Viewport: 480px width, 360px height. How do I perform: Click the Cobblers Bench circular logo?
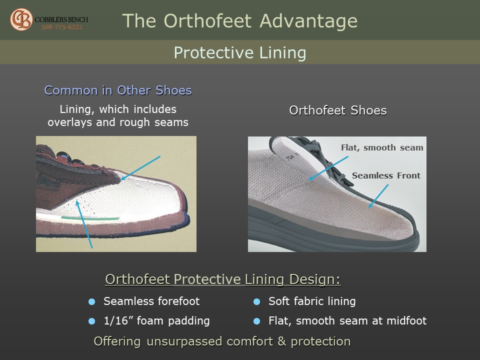pyautogui.click(x=21, y=19)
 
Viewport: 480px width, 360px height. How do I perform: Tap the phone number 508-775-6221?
pyautogui.click(x=62, y=27)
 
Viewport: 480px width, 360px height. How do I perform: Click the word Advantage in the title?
pyautogui.click(x=308, y=21)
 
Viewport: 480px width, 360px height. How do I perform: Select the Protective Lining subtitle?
pyautogui.click(x=240, y=52)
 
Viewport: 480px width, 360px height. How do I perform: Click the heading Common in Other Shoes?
pyautogui.click(x=118, y=90)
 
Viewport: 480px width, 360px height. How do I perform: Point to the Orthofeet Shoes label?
pyautogui.click(x=338, y=110)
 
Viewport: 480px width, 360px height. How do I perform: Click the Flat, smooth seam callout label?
pyautogui.click(x=382, y=147)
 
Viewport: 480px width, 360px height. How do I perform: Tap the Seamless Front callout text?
pyautogui.click(x=386, y=175)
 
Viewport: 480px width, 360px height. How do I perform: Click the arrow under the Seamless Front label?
pyautogui.click(x=378, y=196)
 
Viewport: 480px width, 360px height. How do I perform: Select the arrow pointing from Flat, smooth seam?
pyautogui.click(x=328, y=168)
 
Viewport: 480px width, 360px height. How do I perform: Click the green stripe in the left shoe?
pyautogui.click(x=89, y=218)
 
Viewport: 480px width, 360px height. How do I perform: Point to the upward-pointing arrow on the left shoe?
pyautogui.click(x=84, y=224)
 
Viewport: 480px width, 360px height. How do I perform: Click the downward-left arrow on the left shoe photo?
pyautogui.click(x=140, y=168)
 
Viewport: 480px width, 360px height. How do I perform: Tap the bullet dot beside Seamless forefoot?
pyautogui.click(x=91, y=302)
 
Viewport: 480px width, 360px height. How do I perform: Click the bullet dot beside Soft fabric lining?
pyautogui.click(x=257, y=302)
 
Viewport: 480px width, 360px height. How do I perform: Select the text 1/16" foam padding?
pyautogui.click(x=156, y=321)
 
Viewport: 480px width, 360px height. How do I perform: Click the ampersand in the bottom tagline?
pyautogui.click(x=281, y=341)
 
